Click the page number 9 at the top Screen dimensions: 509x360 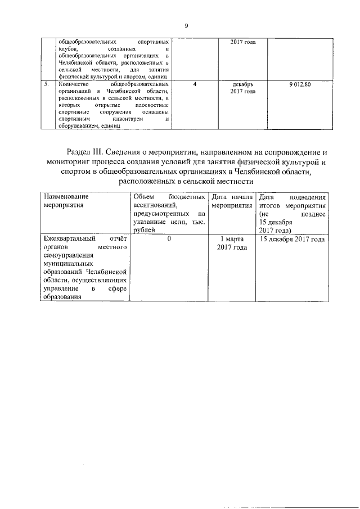coord(185,26)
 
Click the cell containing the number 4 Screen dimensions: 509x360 coord(194,84)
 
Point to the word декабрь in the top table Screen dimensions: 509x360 coord(243,84)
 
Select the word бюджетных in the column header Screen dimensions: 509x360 coord(186,197)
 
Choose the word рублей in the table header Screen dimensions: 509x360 coord(143,231)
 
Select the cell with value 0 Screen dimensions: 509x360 coord(169,239)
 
